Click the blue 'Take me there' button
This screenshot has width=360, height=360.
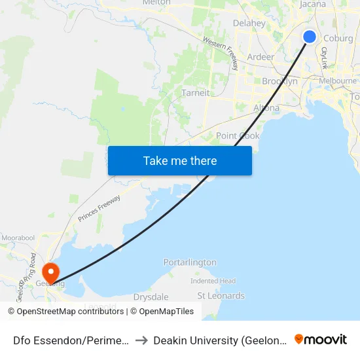180,160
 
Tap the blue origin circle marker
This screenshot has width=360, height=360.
310,37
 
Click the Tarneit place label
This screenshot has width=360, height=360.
196,93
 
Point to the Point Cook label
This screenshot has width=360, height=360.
238,136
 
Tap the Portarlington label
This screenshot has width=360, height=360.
190,262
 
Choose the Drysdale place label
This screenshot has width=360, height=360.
151,297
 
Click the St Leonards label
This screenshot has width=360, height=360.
221,296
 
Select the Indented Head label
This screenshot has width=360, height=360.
213,281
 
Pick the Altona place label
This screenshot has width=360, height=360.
266,108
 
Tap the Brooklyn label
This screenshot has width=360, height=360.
279,82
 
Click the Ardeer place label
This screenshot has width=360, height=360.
261,57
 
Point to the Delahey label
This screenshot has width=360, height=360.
249,24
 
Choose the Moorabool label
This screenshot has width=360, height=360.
18,237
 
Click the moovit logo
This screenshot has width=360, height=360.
321,340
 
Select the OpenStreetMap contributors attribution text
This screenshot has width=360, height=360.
66,312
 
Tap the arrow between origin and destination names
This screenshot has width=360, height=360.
141,340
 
